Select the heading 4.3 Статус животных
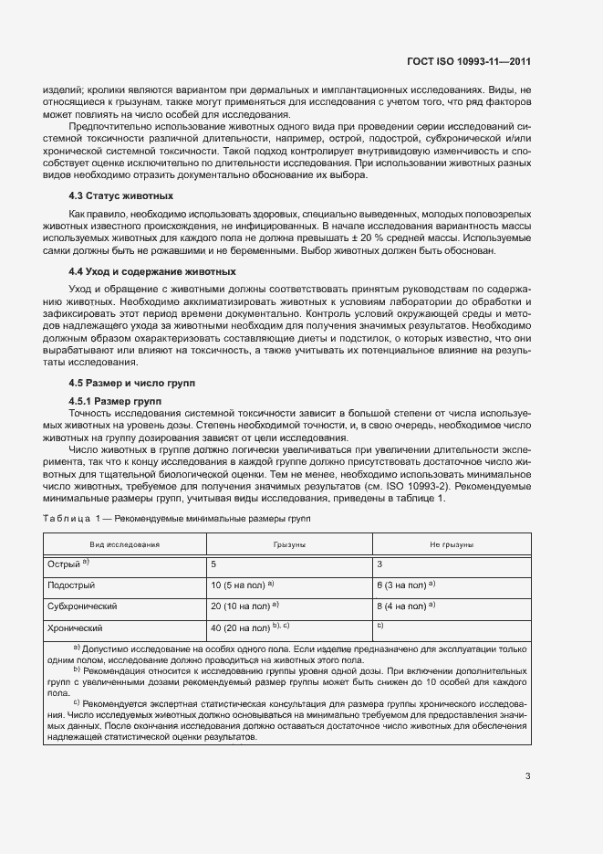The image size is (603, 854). tap(121, 196)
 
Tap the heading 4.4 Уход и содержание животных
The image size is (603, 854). tap(152, 271)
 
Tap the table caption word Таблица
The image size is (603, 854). tap(66, 518)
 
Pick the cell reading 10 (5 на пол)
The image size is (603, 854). tap(238, 585)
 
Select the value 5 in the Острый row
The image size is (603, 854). tap(213, 564)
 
